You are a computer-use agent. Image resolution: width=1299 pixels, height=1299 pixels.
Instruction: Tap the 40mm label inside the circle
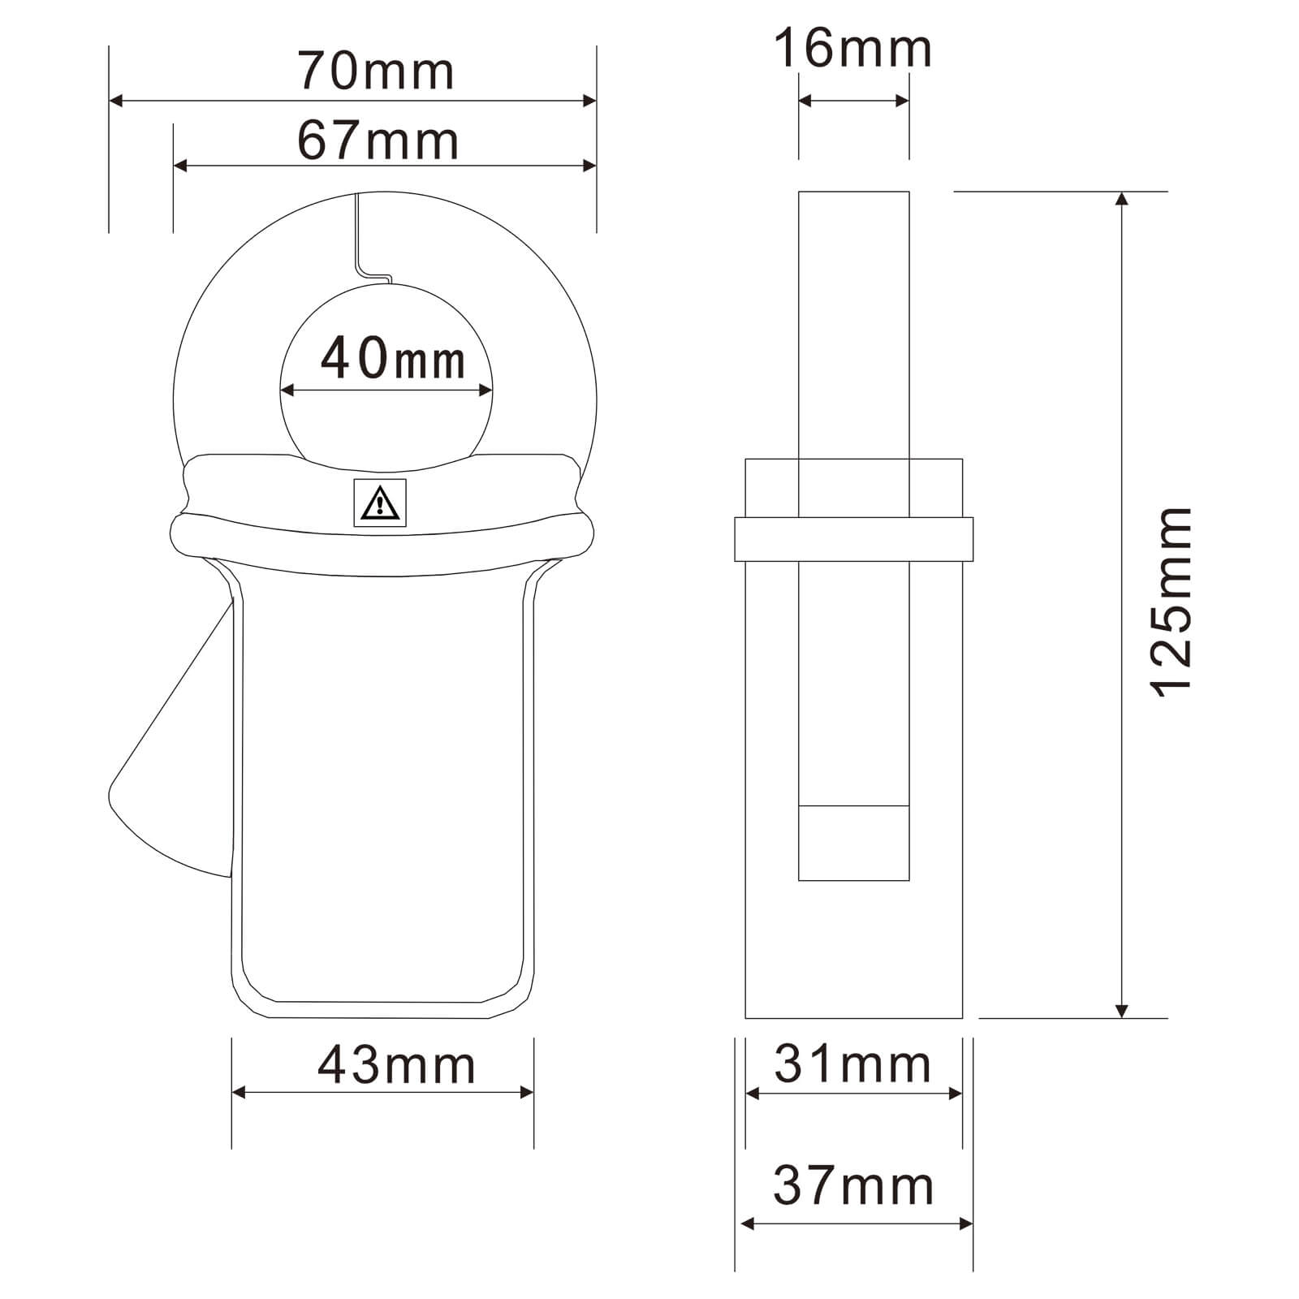point(393,358)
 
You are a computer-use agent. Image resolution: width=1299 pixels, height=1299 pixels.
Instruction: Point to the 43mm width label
point(396,1065)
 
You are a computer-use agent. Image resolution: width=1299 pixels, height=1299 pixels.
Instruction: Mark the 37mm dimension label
point(853,1185)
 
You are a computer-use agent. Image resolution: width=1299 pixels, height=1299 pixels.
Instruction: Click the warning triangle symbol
point(379,503)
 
